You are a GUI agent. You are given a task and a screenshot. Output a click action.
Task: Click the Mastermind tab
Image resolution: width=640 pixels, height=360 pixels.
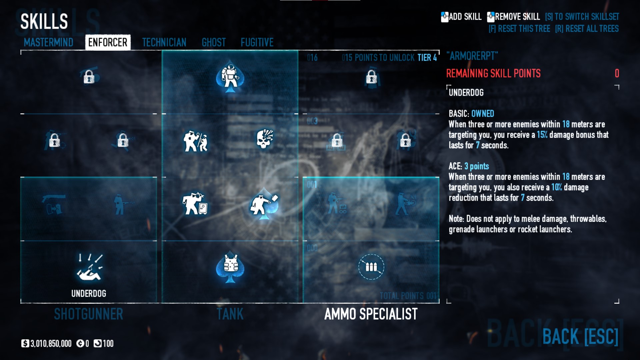(x=48, y=42)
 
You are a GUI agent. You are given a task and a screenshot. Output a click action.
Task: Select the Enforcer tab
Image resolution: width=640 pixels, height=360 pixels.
(x=108, y=42)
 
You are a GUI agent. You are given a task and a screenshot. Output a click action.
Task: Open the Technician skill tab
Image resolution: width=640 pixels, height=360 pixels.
(x=164, y=42)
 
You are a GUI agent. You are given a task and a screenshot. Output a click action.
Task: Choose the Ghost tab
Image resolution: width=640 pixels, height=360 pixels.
(x=214, y=42)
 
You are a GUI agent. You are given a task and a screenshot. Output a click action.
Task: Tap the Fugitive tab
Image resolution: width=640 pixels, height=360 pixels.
(x=257, y=42)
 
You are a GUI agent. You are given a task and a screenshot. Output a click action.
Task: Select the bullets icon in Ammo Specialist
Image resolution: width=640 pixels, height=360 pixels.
(x=371, y=267)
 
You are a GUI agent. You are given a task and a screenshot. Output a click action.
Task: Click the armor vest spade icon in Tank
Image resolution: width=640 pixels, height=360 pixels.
(x=230, y=267)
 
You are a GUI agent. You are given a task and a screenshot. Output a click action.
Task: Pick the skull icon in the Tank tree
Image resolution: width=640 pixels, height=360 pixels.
(x=265, y=139)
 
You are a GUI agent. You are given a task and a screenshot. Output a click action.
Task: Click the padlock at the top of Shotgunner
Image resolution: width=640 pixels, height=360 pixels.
(x=89, y=77)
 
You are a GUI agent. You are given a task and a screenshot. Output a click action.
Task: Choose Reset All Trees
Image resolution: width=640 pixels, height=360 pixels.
(x=587, y=29)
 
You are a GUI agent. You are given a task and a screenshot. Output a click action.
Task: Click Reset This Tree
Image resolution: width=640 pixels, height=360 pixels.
(x=519, y=29)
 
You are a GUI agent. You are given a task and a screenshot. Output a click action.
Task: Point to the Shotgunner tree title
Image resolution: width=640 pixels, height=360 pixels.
(x=89, y=314)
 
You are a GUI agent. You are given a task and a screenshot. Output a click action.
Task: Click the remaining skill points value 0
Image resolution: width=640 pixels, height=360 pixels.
(x=617, y=73)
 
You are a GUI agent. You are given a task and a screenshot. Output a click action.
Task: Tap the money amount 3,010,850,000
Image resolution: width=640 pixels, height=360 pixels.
(x=51, y=344)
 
